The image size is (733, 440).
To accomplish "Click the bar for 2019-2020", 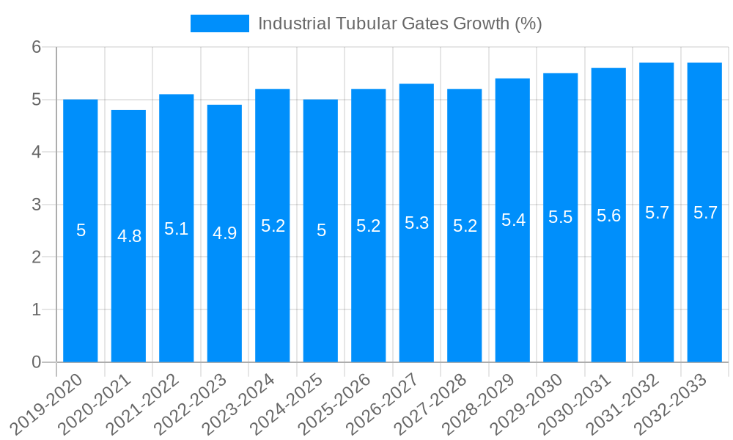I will (81, 230).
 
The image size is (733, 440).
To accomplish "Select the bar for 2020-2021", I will (128, 236).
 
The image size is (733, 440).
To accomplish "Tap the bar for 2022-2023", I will (224, 233).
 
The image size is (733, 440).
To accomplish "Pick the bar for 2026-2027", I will (416, 223).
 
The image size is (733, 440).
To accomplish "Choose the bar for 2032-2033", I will (704, 213).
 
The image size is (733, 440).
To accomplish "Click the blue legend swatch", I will (219, 23).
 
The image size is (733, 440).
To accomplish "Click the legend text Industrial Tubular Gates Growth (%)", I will (399, 23).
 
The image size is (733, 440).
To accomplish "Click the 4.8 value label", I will (129, 236).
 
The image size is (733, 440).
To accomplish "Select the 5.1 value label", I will (177, 229).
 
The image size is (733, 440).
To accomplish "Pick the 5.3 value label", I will (416, 223).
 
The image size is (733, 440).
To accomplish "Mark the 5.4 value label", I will (512, 220).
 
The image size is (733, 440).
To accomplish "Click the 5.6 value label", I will (608, 216).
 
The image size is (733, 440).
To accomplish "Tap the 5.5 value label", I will (561, 218).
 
